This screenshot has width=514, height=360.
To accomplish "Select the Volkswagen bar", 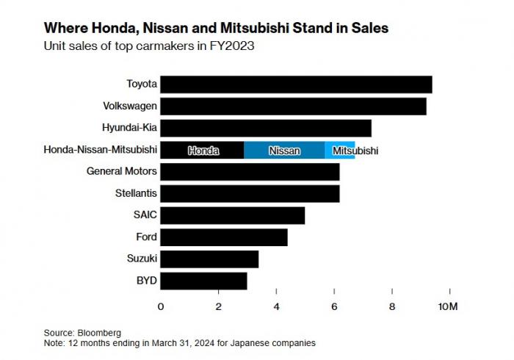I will (x=293, y=107).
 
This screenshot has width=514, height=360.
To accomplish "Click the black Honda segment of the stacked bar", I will (x=202, y=150).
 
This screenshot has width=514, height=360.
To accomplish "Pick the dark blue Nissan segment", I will (x=284, y=150).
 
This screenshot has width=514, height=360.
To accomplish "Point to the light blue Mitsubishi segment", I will (x=340, y=150).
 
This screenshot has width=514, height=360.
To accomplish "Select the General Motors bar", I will (x=250, y=172).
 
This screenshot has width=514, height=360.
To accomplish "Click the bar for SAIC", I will (x=232, y=215).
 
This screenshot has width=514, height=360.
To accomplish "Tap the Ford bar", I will (x=224, y=237).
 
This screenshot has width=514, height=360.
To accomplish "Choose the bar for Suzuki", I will (x=209, y=259).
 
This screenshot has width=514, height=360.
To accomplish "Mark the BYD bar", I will (x=203, y=281).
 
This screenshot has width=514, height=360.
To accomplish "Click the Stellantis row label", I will (x=136, y=194).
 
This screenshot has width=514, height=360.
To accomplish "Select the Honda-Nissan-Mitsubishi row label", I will (x=101, y=150).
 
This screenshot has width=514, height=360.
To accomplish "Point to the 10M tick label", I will (x=449, y=306).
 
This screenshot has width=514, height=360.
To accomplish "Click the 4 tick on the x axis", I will (x=276, y=306).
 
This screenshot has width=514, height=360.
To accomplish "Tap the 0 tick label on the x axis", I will (x=161, y=306).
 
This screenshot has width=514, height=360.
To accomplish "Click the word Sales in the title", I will (x=369, y=28).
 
